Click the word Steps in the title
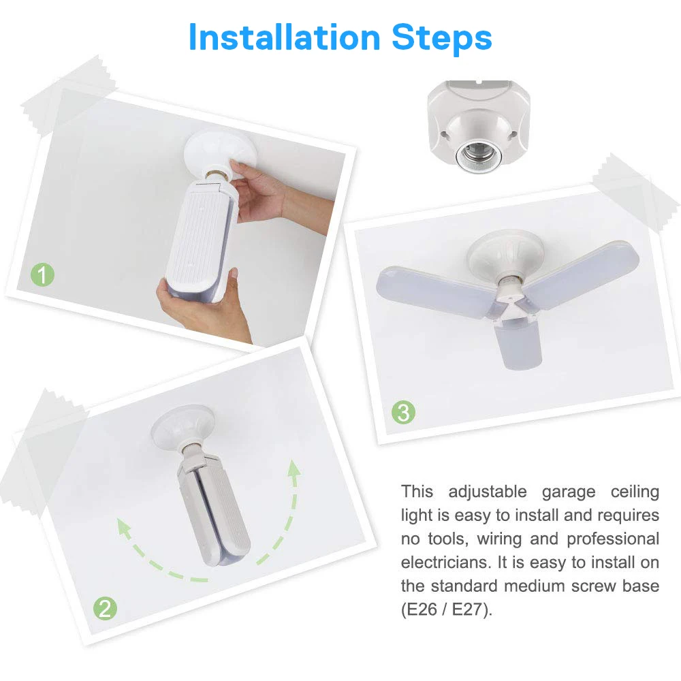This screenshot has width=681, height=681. [x=441, y=39]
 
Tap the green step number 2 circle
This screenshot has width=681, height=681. [x=104, y=607]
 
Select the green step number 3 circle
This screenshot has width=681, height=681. [x=403, y=412]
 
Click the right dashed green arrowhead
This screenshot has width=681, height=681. [x=294, y=469]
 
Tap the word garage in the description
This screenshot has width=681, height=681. [x=570, y=491]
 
